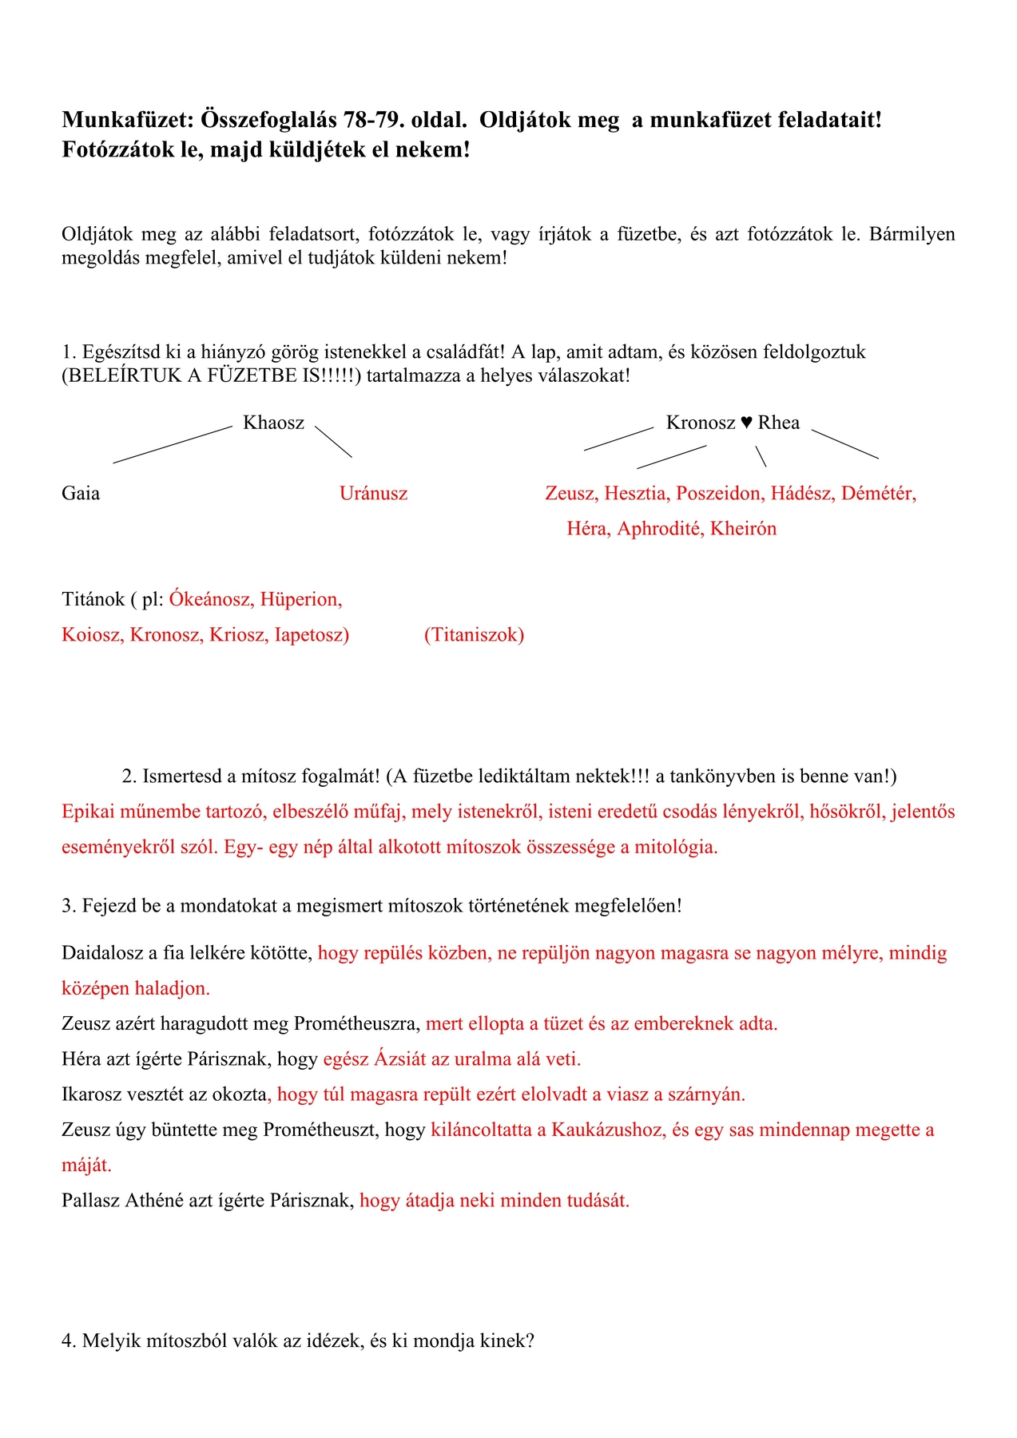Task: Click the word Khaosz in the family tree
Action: pos(273,423)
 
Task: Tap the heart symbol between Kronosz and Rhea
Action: pos(746,423)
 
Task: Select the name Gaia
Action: pos(81,493)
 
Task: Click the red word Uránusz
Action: pos(373,493)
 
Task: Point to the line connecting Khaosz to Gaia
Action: pos(172,444)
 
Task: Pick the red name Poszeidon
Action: pos(720,493)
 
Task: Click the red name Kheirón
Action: pos(743,528)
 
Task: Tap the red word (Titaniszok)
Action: pos(474,634)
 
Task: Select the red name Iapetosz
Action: pos(312,634)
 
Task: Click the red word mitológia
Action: pos(676,847)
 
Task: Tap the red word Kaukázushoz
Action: pos(607,1130)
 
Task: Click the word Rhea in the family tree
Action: pos(778,423)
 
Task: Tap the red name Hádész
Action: pos(801,493)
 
